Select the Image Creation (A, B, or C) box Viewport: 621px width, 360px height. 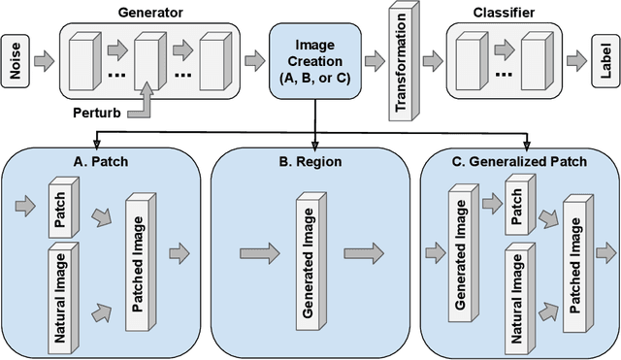coord(314,60)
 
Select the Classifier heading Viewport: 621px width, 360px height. coord(504,15)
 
